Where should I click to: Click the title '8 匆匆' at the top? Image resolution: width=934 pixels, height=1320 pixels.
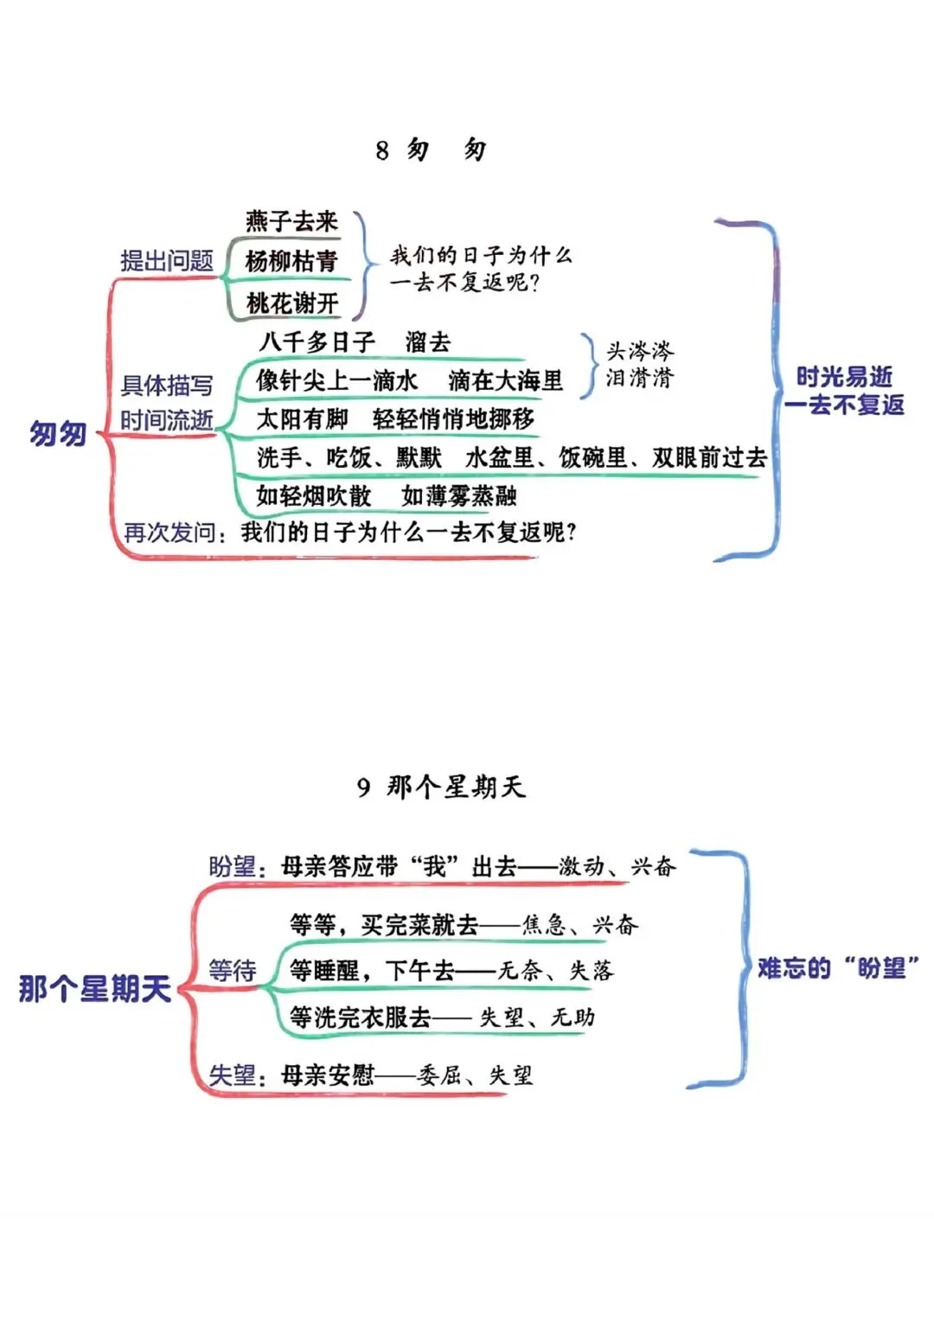[431, 150]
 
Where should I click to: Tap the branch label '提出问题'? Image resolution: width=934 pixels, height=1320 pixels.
[166, 260]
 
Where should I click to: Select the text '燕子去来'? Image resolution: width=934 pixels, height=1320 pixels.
[291, 221]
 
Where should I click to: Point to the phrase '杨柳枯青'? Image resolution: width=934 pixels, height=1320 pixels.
[291, 261]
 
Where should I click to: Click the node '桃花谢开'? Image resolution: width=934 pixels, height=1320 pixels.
[291, 303]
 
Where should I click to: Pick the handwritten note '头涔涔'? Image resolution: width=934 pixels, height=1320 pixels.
[639, 350]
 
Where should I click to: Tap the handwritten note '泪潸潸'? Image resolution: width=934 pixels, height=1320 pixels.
[639, 378]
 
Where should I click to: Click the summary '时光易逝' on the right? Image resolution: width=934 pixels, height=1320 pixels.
[844, 377]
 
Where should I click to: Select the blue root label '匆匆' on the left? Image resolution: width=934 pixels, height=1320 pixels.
[58, 433]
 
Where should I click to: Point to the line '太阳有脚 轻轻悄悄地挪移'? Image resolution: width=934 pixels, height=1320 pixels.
[395, 419]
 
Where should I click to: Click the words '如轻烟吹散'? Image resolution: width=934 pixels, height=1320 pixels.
[313, 495]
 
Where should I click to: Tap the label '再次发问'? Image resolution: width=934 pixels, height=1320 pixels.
[170, 532]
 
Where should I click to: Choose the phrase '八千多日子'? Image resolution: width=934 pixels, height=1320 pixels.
[316, 342]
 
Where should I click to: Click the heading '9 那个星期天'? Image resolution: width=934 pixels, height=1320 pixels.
[441, 787]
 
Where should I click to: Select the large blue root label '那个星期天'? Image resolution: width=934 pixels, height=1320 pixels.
[95, 988]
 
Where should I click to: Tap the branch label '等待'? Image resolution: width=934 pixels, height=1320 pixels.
[232, 971]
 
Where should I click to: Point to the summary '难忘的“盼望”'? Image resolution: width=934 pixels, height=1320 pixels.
[837, 968]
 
